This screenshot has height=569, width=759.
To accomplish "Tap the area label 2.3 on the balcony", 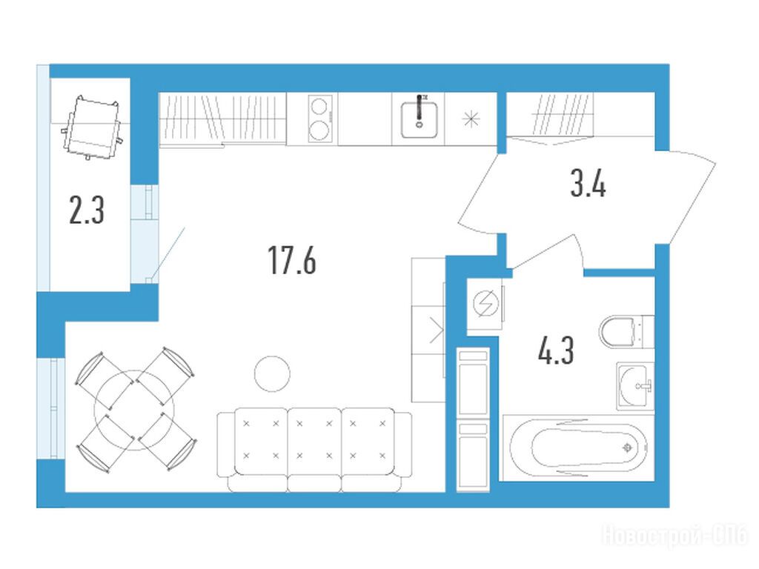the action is (87, 210).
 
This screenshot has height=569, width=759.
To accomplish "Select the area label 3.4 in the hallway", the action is (588, 184).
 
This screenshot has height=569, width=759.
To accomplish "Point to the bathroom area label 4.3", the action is (556, 350).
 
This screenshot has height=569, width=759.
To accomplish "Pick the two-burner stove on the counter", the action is (320, 119).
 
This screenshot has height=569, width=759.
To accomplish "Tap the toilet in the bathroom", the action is (626, 331).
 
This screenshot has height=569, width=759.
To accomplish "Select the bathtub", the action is (578, 447).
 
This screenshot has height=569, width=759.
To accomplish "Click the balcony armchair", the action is (93, 127).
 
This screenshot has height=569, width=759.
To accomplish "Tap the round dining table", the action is (135, 409).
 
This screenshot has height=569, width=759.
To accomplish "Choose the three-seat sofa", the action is (314, 450).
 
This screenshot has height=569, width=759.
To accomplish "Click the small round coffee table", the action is (272, 373).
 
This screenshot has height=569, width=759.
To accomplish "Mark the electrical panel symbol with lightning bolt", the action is (485, 305).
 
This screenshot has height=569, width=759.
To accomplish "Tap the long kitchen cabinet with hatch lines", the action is (222, 118).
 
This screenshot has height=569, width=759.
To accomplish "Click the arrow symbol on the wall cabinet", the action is (437, 330).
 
